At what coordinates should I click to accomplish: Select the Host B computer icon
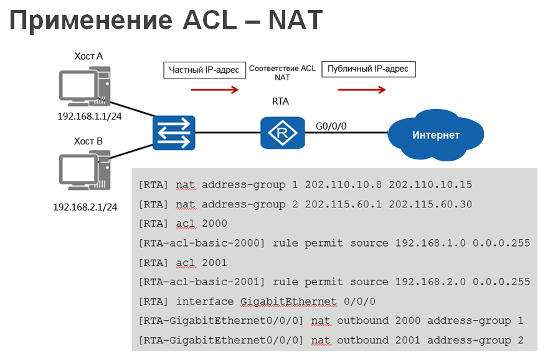click(84, 172)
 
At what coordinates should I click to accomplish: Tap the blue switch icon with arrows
click(174, 133)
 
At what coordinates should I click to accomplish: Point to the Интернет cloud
click(435, 135)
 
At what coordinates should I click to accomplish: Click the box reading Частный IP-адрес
click(204, 70)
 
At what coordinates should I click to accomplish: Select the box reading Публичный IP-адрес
click(368, 69)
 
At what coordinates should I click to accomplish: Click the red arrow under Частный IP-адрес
click(214, 90)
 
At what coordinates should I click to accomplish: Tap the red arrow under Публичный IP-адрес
click(362, 90)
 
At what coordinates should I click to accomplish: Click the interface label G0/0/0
click(331, 125)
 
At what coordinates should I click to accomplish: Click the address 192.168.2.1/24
click(85, 206)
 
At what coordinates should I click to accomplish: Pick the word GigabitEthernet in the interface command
click(288, 301)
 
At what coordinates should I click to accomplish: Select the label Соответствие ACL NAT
click(282, 73)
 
